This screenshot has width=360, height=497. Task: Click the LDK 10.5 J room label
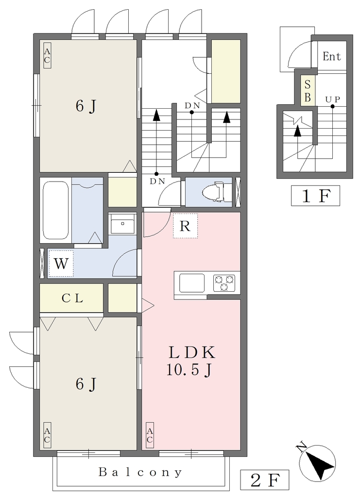coord(191,361)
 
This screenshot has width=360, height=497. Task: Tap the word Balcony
coord(140,472)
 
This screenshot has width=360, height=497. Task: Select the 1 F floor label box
coord(315,196)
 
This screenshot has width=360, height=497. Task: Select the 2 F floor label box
coord(265,480)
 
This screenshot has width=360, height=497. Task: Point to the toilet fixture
coord(214,191)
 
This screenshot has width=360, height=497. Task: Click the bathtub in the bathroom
coord(56,210)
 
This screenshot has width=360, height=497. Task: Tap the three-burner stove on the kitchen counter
coord(224,283)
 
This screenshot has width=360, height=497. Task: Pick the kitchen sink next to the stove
coord(192,283)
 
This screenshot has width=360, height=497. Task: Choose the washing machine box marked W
coord(61,264)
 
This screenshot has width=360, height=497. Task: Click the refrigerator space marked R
coord(185,226)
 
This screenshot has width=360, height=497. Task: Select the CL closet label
coord(72,298)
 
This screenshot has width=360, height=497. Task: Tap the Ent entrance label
coord(331,56)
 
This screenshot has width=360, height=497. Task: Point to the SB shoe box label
coord(308,91)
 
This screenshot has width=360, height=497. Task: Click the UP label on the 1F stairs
coord(332,99)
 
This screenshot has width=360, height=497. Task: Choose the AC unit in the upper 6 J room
coord(47,55)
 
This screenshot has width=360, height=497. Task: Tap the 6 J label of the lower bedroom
coord(86,384)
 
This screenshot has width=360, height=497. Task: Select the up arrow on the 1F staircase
coord(297,131)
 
